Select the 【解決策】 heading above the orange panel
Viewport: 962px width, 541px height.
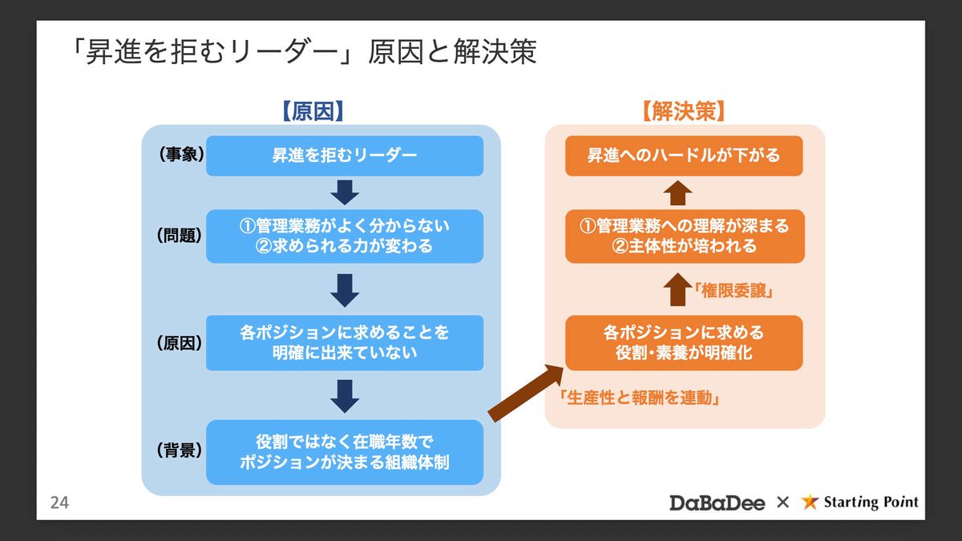pos(684,111)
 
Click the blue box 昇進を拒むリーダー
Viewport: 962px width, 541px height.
pos(345,155)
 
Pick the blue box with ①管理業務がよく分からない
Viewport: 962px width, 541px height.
pos(345,236)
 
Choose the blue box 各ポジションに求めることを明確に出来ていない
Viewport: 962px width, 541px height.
pos(345,342)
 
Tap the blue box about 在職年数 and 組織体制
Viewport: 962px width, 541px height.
pos(345,452)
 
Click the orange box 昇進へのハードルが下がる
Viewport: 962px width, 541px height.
pos(684,155)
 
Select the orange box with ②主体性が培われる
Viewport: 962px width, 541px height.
pos(684,236)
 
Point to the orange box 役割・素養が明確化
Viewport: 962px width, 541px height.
pos(684,342)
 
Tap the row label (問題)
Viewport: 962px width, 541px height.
pos(179,236)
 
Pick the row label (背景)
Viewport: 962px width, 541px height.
pos(179,450)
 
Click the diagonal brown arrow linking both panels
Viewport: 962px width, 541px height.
pos(526,393)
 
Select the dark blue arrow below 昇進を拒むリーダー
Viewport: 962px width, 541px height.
pos(345,192)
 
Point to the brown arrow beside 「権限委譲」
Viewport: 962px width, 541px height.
pos(678,289)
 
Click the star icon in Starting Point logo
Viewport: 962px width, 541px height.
pos(810,503)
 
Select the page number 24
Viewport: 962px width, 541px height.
pos(59,503)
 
